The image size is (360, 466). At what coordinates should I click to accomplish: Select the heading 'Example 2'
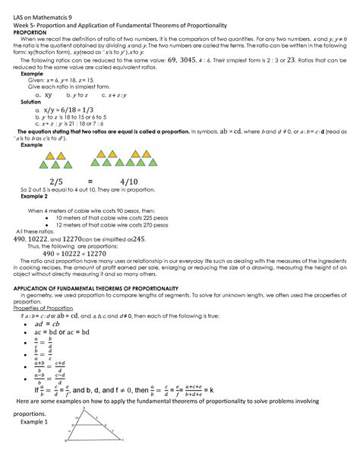(x=33, y=196)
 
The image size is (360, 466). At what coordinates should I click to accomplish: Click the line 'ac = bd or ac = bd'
(x=72, y=332)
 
